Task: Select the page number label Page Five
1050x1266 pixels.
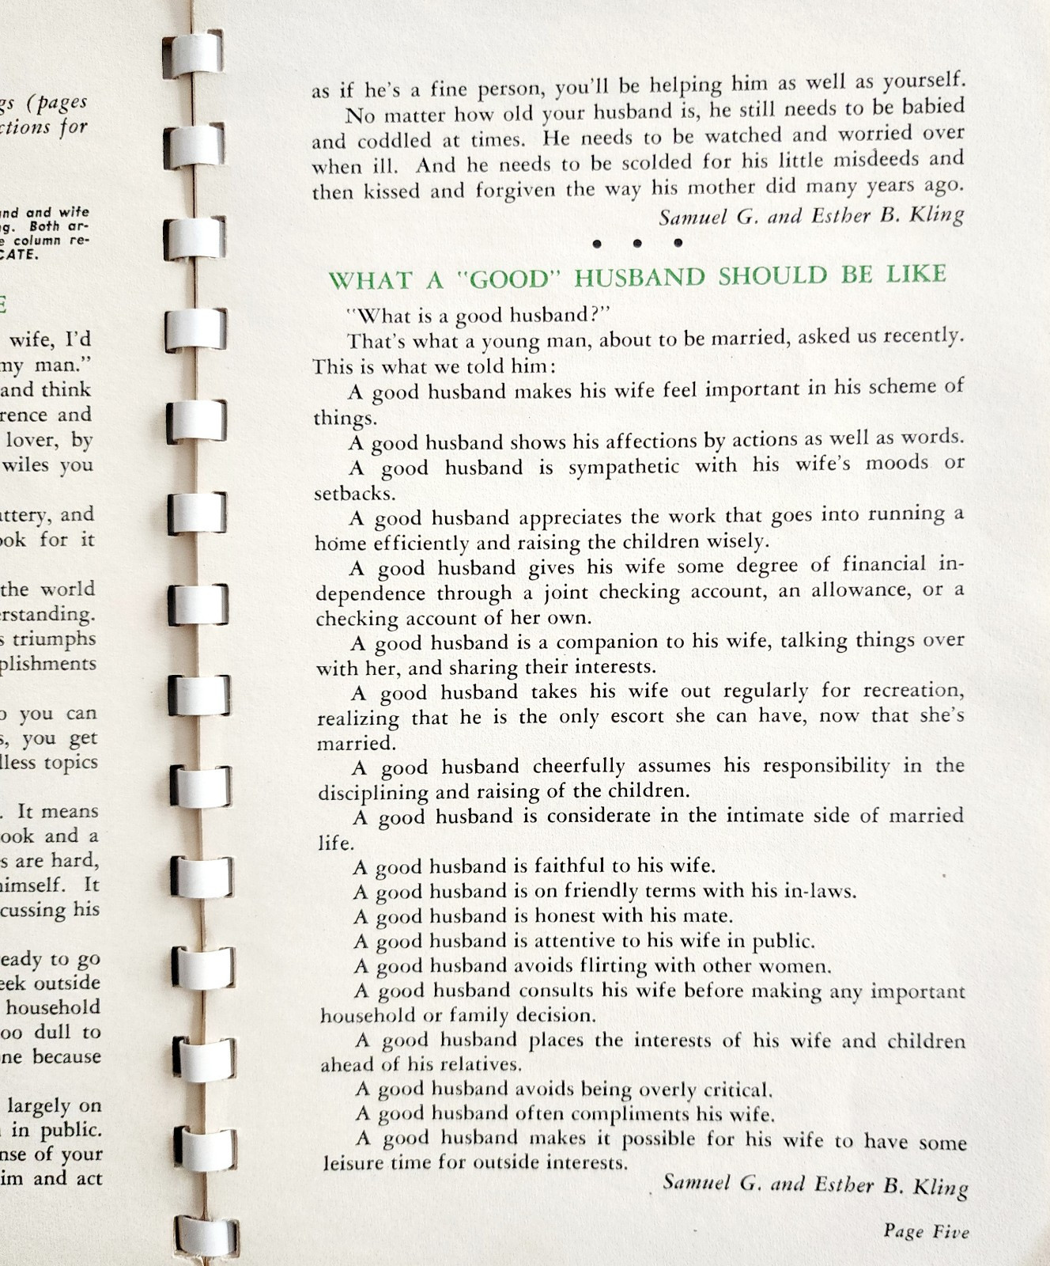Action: pos(926,1231)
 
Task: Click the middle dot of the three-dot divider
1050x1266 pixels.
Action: pos(636,244)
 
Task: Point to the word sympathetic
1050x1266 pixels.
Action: pos(623,467)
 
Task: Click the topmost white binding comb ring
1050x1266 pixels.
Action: pos(195,55)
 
